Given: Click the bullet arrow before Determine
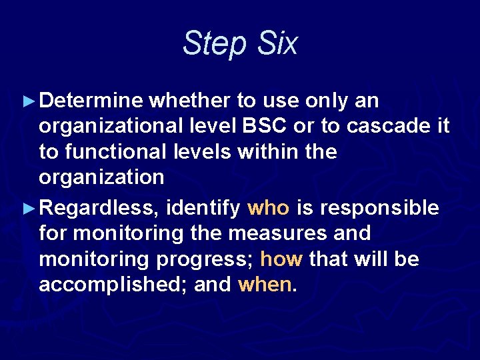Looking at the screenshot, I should click(27, 101).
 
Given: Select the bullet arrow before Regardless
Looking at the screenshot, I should click(27, 209).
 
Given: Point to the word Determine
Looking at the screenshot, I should click(91, 101).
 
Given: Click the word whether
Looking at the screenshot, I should click(190, 101).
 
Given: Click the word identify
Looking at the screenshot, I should click(203, 209).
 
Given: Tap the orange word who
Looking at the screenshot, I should click(268, 209).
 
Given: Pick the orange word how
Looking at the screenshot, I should click(281, 259).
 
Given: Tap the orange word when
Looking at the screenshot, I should click(264, 285).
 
